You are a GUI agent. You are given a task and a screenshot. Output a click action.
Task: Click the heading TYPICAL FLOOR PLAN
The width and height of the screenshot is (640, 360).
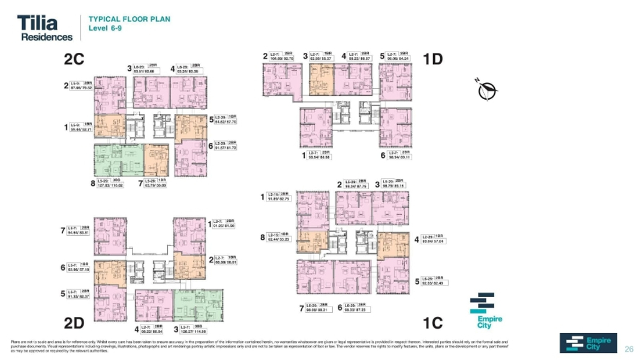(130, 19)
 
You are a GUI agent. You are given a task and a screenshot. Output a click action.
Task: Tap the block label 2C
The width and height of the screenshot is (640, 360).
(74, 59)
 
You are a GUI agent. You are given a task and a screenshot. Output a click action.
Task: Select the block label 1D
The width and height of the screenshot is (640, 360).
(432, 59)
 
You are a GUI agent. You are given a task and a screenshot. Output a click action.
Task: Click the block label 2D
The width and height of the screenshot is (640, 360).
(74, 323)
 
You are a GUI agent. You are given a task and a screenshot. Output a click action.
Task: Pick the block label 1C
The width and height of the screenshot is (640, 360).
(432, 323)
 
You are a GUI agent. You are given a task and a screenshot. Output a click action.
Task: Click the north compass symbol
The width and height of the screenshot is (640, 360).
(488, 91)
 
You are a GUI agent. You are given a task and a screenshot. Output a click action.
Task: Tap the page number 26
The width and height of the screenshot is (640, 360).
(629, 349)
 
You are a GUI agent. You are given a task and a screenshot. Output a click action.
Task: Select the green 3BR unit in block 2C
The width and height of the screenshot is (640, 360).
(118, 160)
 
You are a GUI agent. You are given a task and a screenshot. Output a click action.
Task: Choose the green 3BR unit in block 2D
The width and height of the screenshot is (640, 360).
(198, 305)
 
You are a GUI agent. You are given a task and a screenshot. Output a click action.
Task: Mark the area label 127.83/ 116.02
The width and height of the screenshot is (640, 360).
(110, 186)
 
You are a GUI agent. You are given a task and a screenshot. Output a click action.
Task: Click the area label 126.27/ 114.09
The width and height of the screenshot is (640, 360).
(194, 331)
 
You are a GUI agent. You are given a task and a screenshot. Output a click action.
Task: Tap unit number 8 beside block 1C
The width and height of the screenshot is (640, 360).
(262, 238)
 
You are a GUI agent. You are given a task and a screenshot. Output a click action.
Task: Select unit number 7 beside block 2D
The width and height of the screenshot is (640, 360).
(62, 230)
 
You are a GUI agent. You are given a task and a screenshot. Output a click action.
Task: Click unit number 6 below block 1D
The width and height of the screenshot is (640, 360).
(383, 155)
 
